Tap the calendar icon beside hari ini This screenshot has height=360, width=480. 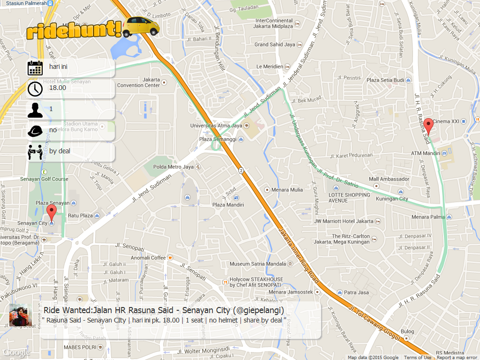point(35,68)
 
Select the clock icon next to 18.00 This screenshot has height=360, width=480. point(35,89)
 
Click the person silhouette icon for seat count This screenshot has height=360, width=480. point(35,110)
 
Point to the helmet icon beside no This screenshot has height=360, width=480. point(35,131)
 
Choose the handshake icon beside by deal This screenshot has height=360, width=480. point(35,152)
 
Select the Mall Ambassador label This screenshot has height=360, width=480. point(389,179)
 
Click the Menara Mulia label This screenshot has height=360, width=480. point(287,190)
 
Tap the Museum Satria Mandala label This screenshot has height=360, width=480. point(257,264)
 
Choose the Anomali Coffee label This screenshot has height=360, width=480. point(148,258)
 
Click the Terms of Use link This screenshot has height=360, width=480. point(418,358)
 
